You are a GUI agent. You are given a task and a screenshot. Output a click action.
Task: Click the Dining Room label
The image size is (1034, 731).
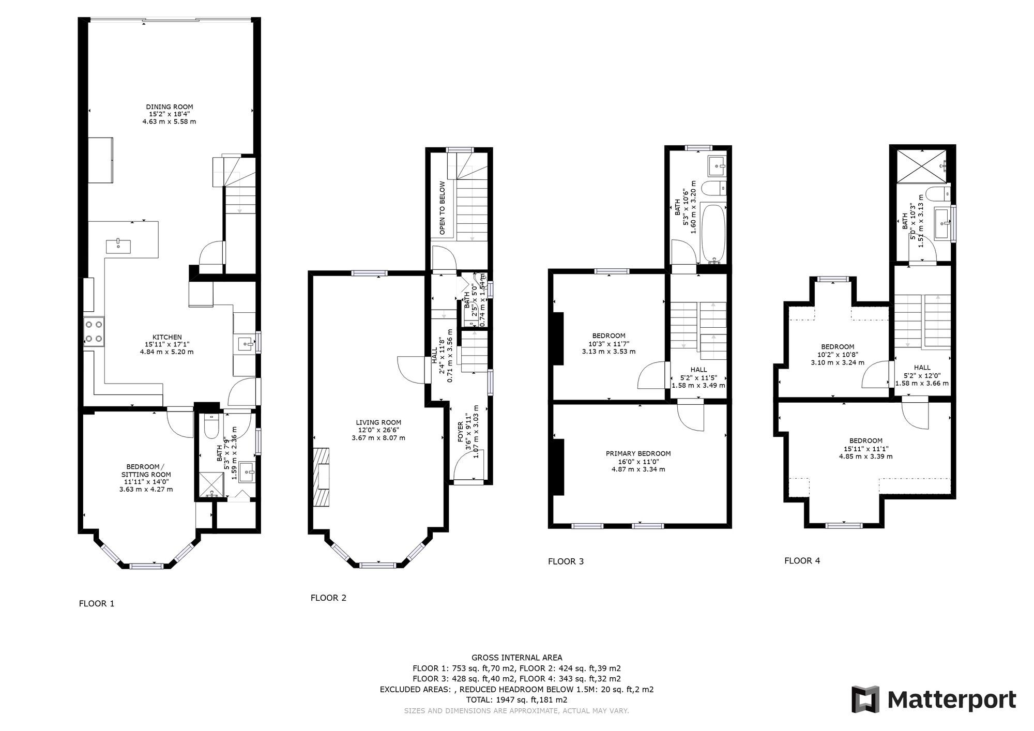pos(169,107)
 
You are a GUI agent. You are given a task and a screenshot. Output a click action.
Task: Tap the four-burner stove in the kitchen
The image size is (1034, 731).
pos(94,332)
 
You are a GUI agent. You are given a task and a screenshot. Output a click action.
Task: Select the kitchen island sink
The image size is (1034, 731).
pos(118,243)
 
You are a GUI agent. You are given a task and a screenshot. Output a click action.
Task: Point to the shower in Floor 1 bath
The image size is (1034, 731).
pos(211,485)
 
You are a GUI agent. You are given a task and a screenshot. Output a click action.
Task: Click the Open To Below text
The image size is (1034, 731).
pos(443,208)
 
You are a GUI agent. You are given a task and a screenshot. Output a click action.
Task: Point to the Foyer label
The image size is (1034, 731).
pos(461,431)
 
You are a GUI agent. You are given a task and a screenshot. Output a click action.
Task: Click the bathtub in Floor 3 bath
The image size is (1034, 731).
pos(713,232)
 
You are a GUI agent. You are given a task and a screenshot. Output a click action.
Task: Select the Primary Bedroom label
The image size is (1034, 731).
pos(638,453)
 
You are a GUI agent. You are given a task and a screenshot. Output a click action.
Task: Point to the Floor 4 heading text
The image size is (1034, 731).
pos(802,560)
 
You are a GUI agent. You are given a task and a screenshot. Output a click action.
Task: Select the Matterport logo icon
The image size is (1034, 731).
pos(865,699)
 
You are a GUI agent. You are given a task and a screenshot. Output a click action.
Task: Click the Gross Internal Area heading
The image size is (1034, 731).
pos(516,658)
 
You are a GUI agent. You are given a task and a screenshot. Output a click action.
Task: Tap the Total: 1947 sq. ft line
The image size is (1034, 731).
pos(516,700)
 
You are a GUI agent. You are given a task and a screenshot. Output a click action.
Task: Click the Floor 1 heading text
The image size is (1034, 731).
pos(97,603)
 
